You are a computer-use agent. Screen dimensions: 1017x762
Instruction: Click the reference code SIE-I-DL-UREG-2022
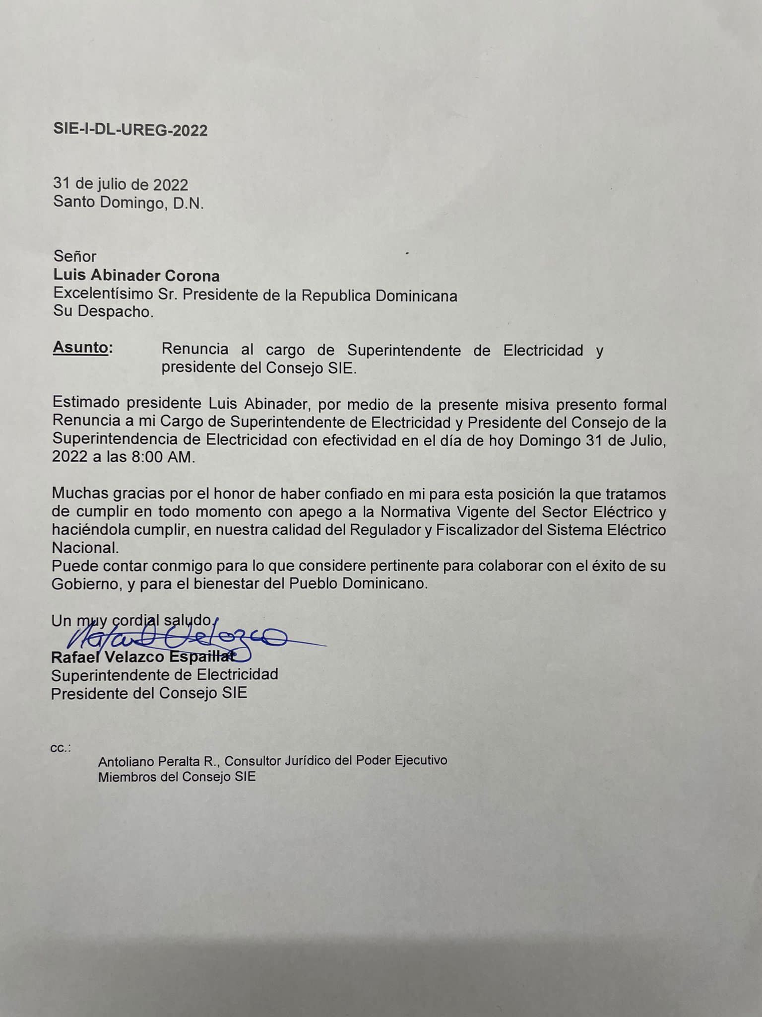point(130,130)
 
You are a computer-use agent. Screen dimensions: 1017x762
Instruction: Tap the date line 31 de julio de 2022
point(121,185)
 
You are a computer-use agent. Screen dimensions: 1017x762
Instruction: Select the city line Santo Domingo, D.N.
point(128,203)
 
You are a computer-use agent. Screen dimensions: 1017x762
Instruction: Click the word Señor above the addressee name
point(75,256)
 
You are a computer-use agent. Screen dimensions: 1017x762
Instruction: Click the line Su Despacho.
point(103,312)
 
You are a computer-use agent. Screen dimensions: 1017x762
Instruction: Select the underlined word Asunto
point(80,347)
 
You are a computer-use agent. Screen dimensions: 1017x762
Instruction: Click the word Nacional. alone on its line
point(85,548)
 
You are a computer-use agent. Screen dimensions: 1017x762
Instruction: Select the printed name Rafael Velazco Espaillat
point(143,657)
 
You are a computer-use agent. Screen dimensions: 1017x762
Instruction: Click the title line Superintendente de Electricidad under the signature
point(164,675)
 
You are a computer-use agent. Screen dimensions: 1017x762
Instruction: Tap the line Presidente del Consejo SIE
point(149,693)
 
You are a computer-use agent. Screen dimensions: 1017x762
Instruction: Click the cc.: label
point(61,748)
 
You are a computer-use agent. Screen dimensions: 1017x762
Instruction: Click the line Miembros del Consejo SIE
point(177,777)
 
